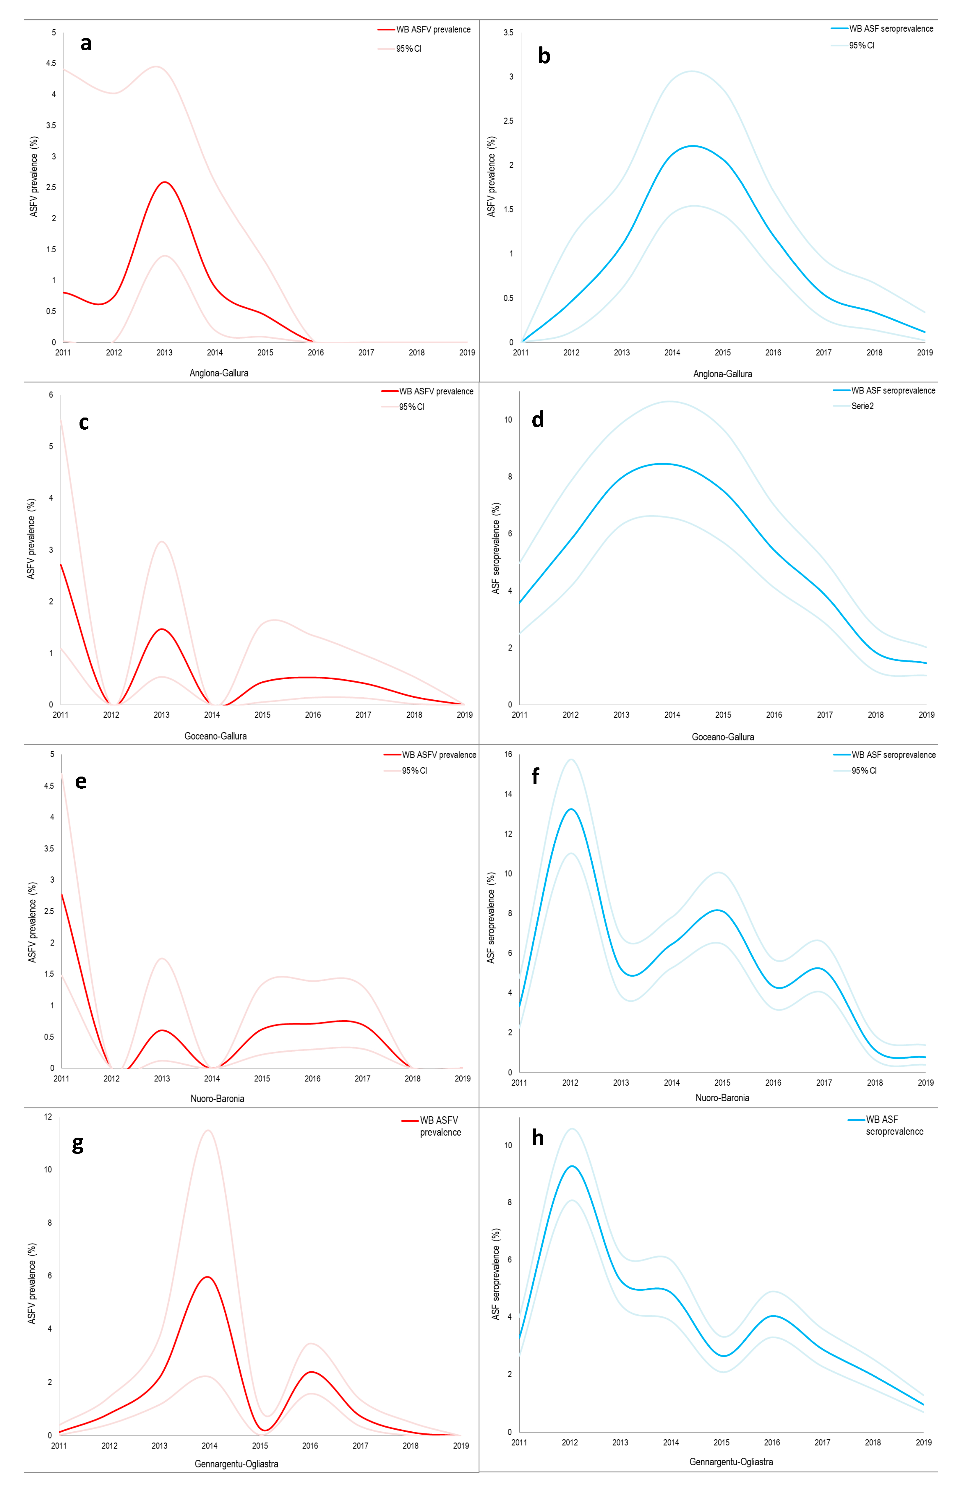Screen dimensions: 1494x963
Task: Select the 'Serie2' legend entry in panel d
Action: [862, 406]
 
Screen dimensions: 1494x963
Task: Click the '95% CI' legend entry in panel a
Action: [408, 49]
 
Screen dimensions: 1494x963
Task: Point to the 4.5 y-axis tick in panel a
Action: [51, 63]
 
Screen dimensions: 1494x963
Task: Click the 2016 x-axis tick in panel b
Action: [773, 353]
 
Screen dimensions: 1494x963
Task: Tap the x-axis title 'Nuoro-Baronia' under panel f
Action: [722, 1098]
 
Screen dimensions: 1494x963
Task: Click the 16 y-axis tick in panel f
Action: [508, 754]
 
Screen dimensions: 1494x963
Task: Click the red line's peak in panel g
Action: [207, 1277]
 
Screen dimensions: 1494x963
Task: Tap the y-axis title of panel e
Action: [33, 922]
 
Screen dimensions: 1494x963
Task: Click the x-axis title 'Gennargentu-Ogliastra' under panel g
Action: [236, 1464]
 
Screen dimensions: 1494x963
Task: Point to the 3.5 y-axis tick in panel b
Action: [508, 33]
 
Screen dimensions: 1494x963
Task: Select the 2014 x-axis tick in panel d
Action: [672, 714]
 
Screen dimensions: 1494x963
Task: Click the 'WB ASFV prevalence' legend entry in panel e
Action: [438, 755]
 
